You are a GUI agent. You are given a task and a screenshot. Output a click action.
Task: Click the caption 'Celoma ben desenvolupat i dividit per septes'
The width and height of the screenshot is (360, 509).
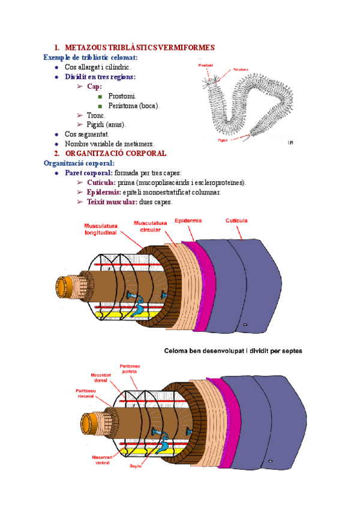[233, 351]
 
